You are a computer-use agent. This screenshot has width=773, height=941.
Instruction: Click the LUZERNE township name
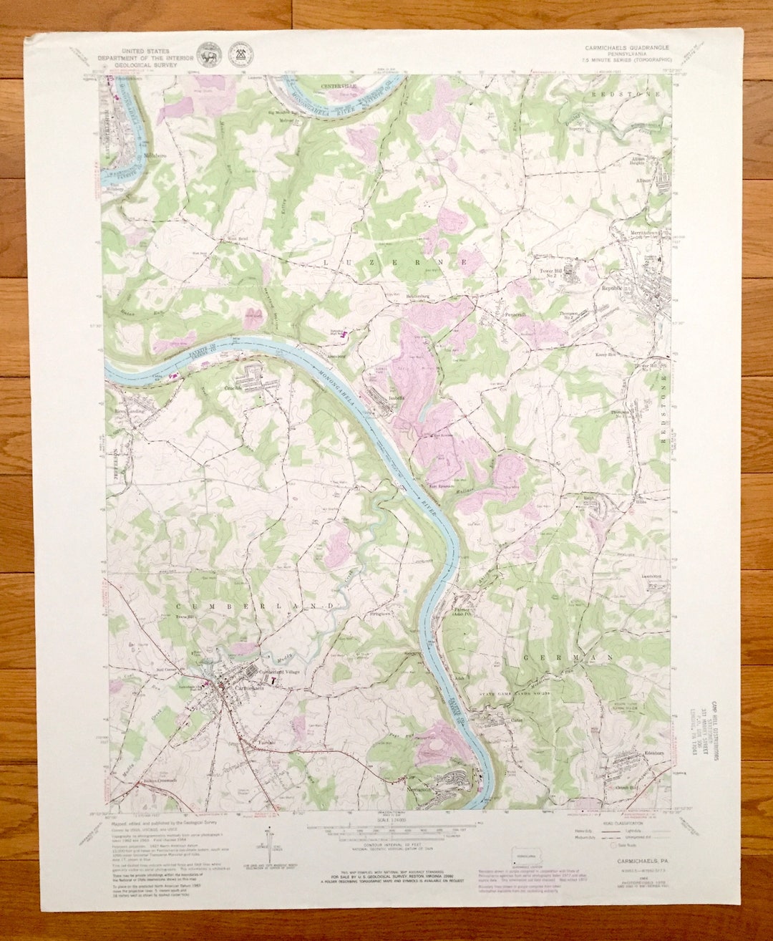tap(396, 264)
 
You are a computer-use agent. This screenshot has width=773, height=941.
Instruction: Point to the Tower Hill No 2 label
tap(552, 273)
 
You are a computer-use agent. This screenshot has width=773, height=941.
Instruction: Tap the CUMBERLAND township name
tap(255, 606)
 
